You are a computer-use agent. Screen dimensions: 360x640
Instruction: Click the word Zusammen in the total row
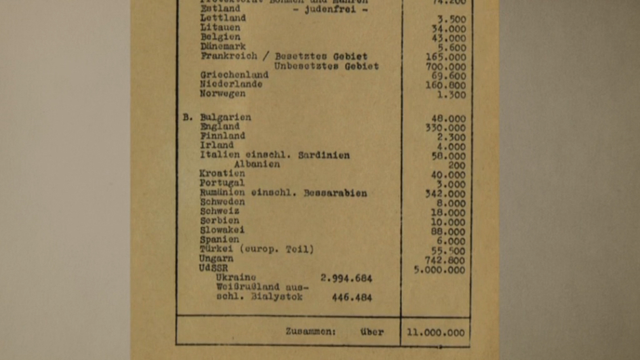pyautogui.click(x=310, y=332)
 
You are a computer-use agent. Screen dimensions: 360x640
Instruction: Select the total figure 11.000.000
pyautogui.click(x=435, y=332)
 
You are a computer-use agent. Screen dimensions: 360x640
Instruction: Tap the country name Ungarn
pyautogui.click(x=216, y=259)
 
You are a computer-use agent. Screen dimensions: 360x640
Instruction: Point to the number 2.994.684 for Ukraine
pyautogui.click(x=346, y=279)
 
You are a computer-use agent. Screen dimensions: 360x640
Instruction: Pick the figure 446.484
pyautogui.click(x=351, y=298)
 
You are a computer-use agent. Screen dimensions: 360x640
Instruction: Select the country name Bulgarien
pyautogui.click(x=226, y=118)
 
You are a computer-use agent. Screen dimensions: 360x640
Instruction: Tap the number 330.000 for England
pyautogui.click(x=445, y=128)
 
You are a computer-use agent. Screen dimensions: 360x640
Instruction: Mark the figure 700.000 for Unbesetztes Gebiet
pyautogui.click(x=445, y=67)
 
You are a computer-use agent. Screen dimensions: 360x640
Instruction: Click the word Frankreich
pyautogui.click(x=229, y=56)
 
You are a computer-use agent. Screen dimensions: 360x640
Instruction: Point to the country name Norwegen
pyautogui.click(x=223, y=94)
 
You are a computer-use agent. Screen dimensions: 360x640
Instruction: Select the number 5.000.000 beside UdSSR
pyautogui.click(x=439, y=270)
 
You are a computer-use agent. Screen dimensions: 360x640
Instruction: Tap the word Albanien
pyautogui.click(x=256, y=165)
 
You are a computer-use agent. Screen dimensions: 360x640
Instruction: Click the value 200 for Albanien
pyautogui.click(x=457, y=166)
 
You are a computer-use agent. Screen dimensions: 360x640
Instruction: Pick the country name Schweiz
pyautogui.click(x=220, y=212)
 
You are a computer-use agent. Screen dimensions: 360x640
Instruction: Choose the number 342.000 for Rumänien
pyautogui.click(x=445, y=194)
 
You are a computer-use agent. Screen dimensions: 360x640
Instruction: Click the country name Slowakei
pyautogui.click(x=222, y=231)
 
